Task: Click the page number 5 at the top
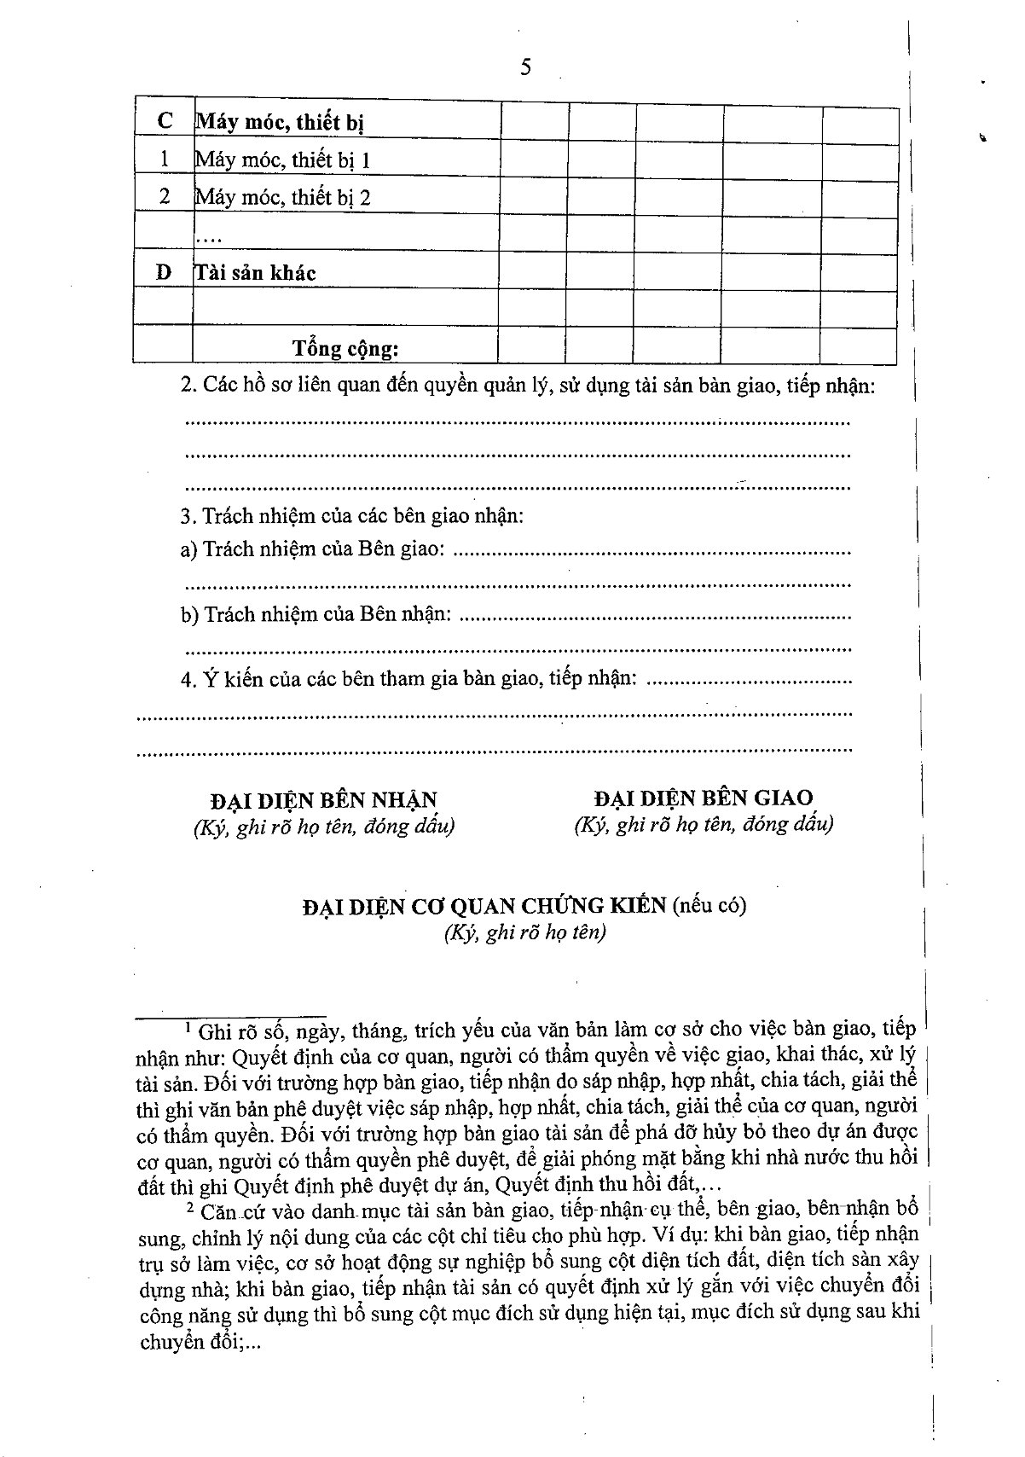pos(525,67)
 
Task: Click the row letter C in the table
pos(165,122)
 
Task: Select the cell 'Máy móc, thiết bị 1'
pos(282,160)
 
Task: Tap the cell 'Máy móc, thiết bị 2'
pos(282,198)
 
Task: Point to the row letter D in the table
pos(164,273)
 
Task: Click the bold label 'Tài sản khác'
pos(256,273)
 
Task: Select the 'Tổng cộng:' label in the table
pos(345,348)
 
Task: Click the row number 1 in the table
pos(165,160)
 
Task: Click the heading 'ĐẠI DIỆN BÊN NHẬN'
pos(323,800)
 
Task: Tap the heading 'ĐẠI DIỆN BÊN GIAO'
pos(704,798)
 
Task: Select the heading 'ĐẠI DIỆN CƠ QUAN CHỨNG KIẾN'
pos(484,906)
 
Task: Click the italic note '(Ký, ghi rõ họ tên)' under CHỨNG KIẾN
pos(524,932)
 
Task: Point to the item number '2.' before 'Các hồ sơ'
pos(188,386)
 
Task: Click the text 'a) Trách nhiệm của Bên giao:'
pos(312,549)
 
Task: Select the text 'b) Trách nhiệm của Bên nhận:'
pos(316,614)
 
